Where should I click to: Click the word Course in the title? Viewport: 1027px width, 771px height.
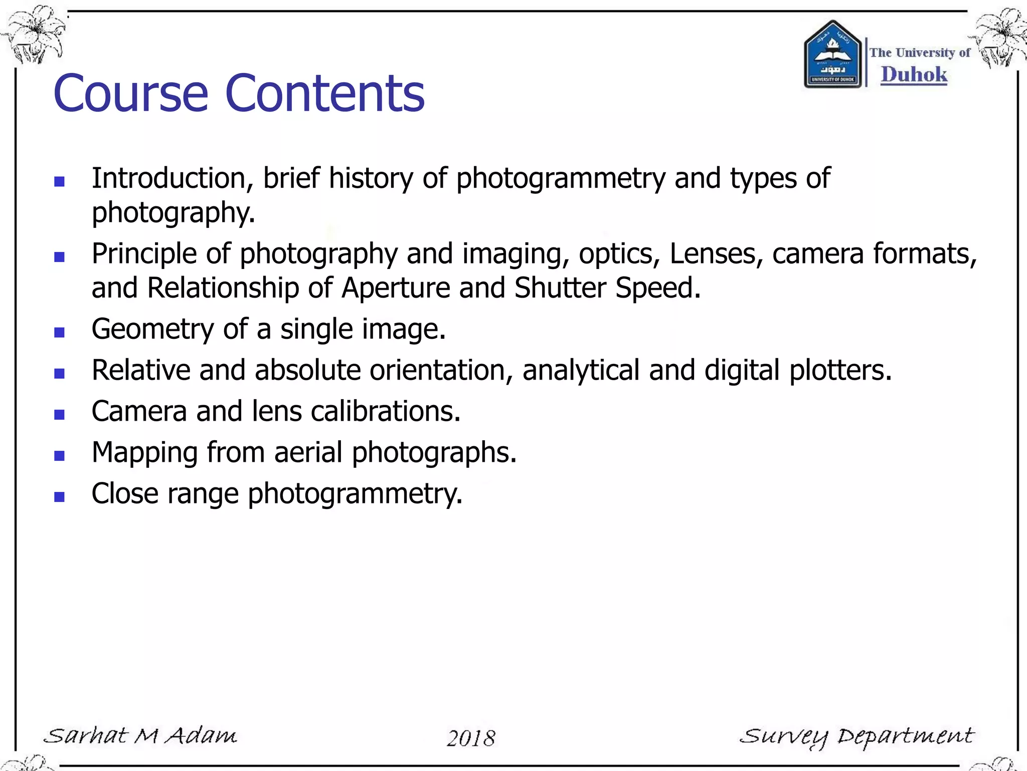tap(130, 93)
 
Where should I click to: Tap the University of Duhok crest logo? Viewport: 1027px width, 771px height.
tap(832, 55)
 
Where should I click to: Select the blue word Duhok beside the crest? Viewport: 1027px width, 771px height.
tap(914, 75)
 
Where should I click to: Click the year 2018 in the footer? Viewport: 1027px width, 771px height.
tap(471, 738)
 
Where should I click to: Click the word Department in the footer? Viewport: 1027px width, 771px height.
tap(906, 737)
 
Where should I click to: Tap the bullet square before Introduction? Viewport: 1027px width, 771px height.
tap(59, 182)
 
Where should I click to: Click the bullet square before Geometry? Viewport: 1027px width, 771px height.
tap(59, 332)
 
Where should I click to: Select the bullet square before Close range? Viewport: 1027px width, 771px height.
tap(59, 497)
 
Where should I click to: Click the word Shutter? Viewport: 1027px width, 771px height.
tap(560, 288)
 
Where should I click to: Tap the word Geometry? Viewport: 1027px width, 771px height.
tap(152, 330)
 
